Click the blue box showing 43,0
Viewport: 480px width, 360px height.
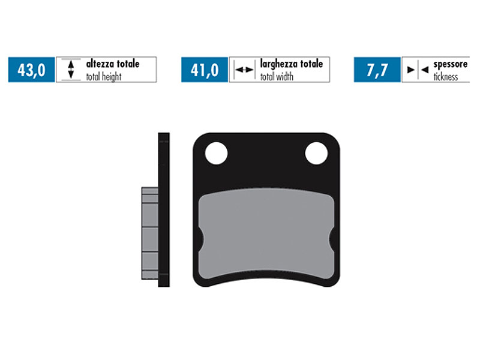(32, 70)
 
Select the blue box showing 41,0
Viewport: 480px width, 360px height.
(205, 70)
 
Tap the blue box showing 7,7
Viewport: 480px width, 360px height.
(377, 70)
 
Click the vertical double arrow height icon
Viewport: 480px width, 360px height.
(71, 70)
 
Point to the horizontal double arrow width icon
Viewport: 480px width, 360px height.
(244, 70)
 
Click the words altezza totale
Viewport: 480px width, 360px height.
(113, 64)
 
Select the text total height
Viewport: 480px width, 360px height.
(104, 77)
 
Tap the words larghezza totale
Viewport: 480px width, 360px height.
(292, 64)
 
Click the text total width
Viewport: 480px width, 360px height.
(277, 77)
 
